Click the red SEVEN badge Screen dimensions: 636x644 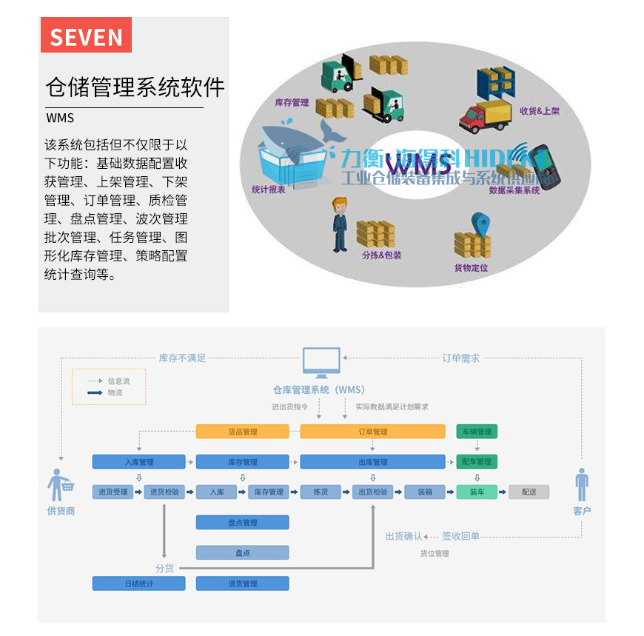point(86,36)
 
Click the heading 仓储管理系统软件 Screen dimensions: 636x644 point(135,87)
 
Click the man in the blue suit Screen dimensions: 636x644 point(340,225)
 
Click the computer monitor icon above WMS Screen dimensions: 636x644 point(322,363)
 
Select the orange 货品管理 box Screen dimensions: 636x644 point(242,432)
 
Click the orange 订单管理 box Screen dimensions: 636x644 point(372,432)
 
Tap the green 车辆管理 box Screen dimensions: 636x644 point(477,432)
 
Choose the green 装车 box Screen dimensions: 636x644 point(477,492)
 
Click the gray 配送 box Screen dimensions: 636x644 point(529,492)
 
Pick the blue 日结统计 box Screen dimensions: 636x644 point(138,583)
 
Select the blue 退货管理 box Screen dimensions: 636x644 point(242,583)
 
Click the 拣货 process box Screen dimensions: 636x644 point(321,492)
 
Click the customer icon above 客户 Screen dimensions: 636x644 point(582,486)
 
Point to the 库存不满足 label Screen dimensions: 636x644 point(182,358)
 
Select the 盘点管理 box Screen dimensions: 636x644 point(242,523)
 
